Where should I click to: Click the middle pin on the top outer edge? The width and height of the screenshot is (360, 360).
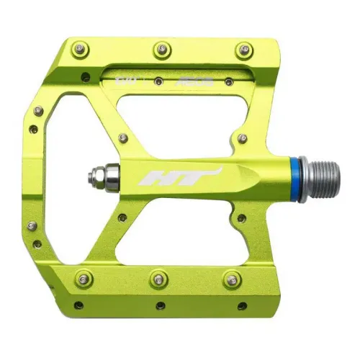[x=160, y=49]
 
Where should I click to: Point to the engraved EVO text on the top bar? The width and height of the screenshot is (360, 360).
[x=123, y=73]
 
